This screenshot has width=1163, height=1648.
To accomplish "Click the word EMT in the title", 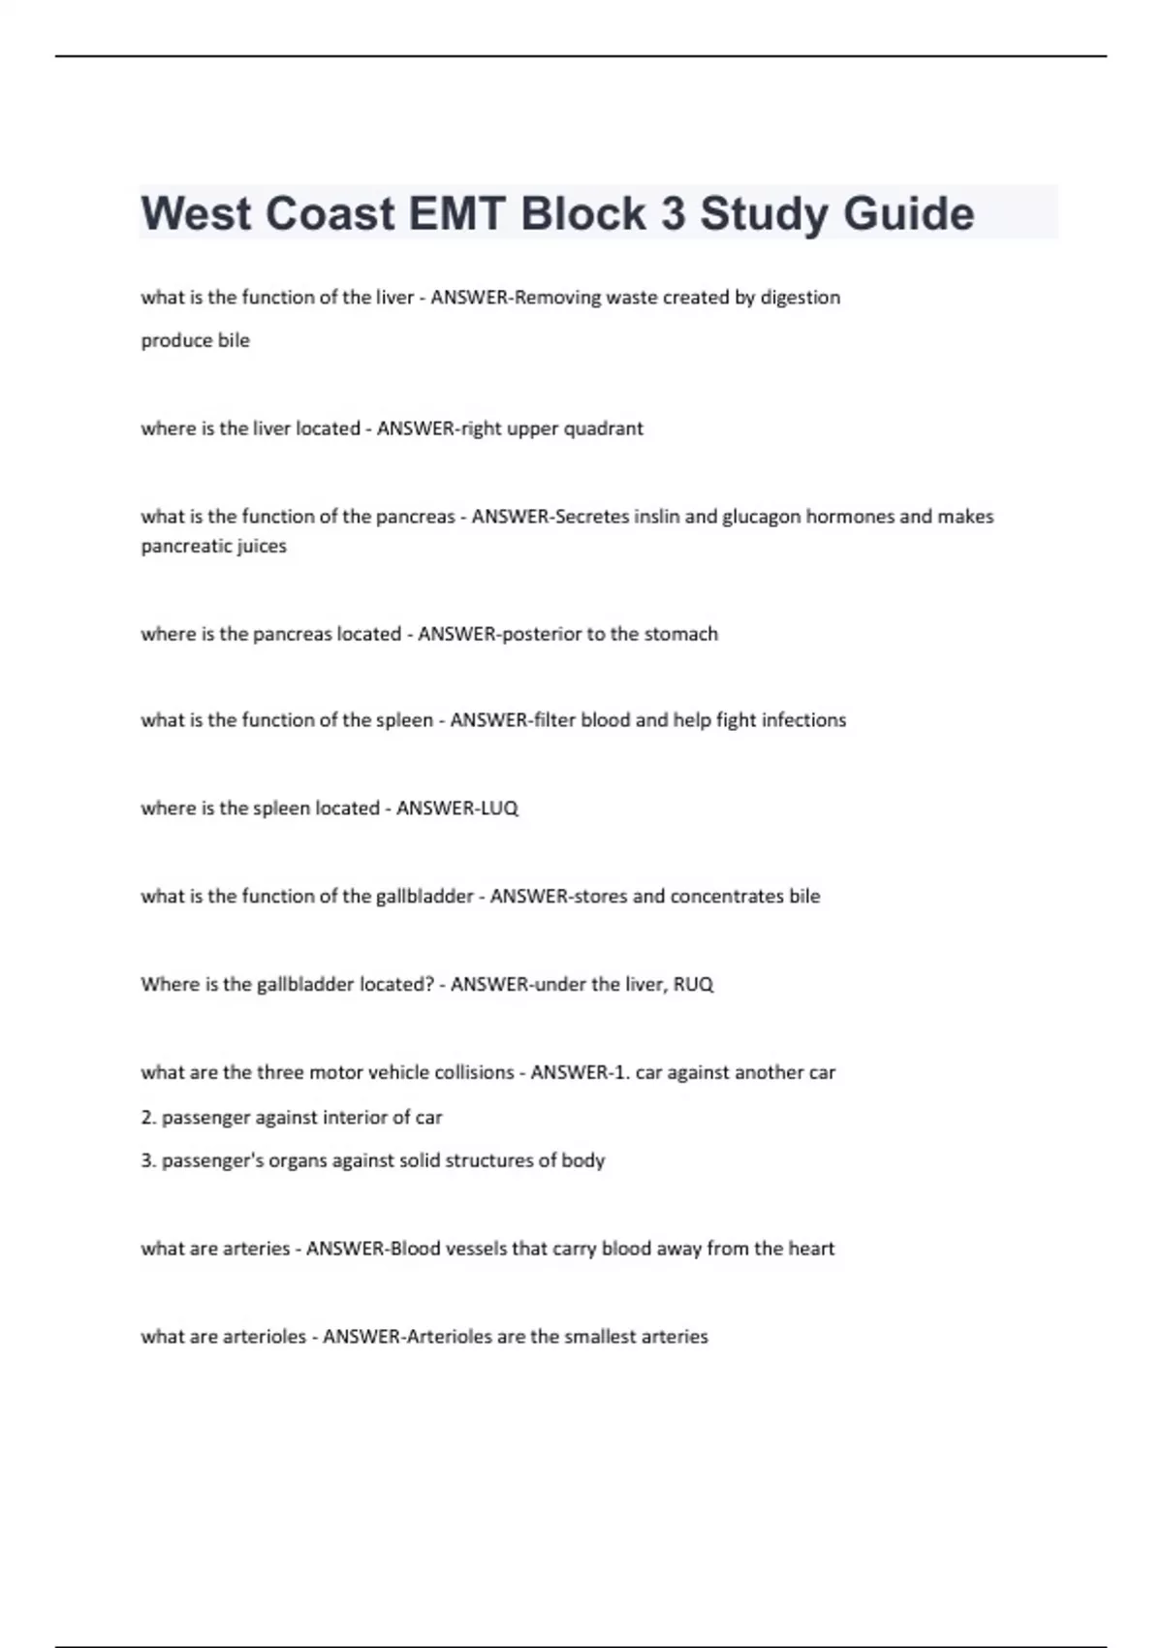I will click(457, 213).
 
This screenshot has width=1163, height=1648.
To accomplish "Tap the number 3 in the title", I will click(673, 213).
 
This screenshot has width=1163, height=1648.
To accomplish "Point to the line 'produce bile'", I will click(195, 340).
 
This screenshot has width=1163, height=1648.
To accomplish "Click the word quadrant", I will click(603, 428).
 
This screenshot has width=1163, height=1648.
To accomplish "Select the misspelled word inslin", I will click(656, 517).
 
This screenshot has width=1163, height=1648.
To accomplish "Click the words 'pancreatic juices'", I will click(213, 546).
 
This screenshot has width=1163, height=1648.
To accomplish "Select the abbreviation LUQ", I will click(498, 808).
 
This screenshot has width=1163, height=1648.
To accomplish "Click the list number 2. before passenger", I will click(148, 1118).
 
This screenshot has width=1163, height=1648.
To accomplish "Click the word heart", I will click(811, 1249).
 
